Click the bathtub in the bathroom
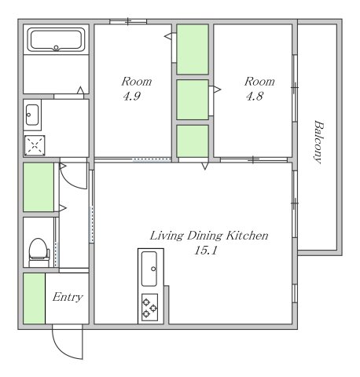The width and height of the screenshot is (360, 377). (x=56, y=40)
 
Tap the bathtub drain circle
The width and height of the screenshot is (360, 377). (x=56, y=48)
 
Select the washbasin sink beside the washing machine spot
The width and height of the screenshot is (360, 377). (x=32, y=115)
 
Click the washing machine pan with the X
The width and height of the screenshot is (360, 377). (x=35, y=145)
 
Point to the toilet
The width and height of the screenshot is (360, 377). (x=39, y=253)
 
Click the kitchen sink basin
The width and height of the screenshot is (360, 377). (x=149, y=269)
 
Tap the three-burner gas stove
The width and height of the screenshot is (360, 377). (x=149, y=307)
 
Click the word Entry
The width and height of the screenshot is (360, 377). (x=68, y=298)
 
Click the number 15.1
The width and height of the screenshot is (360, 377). (x=206, y=251)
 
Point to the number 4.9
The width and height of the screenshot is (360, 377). (x=132, y=97)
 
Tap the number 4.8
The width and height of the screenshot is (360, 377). (x=255, y=97)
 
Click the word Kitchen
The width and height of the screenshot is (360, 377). (x=248, y=236)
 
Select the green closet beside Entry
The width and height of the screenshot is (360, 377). (x=34, y=298)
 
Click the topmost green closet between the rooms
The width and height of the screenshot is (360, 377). (x=193, y=49)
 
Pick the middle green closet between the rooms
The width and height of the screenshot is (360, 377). (x=193, y=100)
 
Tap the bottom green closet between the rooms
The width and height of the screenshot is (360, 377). (x=193, y=141)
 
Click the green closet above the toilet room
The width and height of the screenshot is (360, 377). (x=39, y=187)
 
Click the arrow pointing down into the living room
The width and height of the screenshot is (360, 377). (x=205, y=166)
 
